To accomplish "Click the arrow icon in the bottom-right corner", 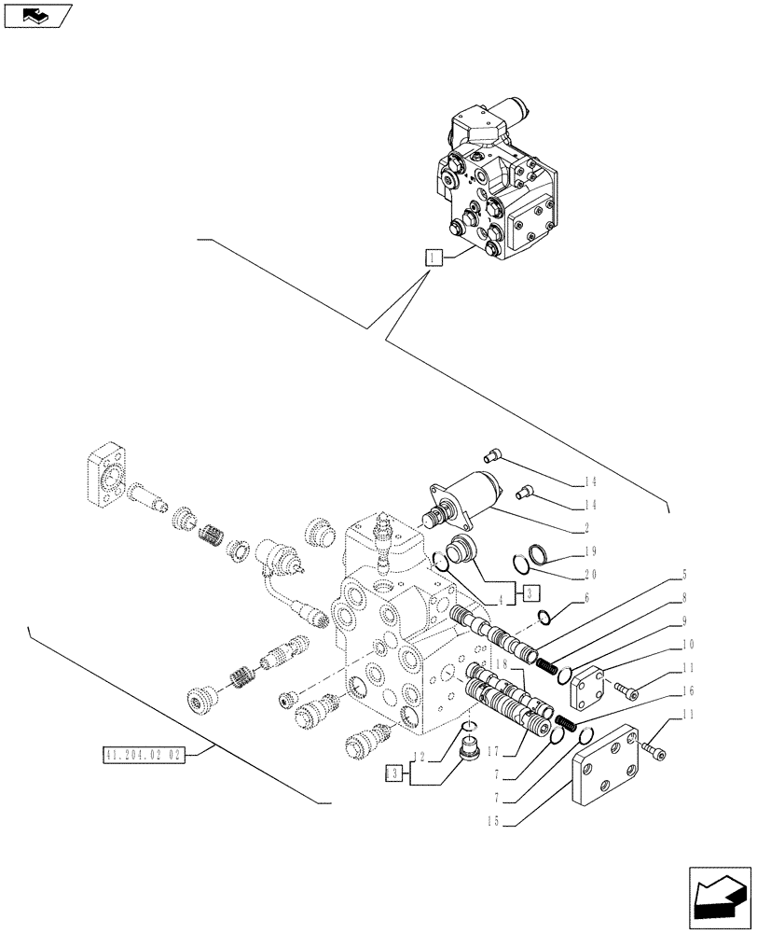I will click(719, 896).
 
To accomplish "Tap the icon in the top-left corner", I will click(36, 15).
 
